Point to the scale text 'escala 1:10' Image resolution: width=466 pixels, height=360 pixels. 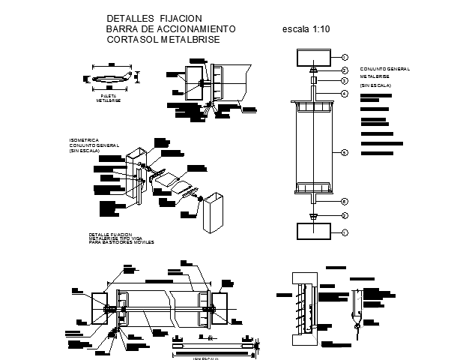coord(306,29)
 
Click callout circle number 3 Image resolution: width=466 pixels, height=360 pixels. coord(345,79)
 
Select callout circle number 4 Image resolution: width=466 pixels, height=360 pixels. coord(345,94)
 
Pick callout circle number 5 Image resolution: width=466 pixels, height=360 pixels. coord(345,153)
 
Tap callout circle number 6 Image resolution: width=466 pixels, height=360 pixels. coord(345,201)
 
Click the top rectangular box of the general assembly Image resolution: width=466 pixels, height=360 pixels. coord(313,57)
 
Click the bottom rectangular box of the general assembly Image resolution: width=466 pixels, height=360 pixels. coord(313,232)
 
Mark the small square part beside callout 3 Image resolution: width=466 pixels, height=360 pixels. coord(313,80)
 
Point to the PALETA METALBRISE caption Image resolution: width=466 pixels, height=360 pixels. coord(109,98)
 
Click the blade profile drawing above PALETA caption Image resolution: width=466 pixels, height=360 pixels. coord(109,78)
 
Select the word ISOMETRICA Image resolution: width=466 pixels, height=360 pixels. coord(83,139)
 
